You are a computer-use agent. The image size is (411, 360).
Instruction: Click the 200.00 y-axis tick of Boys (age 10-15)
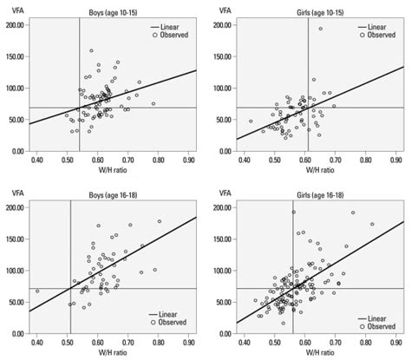click(14, 26)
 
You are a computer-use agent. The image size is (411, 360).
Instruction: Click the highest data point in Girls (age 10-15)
click(319, 29)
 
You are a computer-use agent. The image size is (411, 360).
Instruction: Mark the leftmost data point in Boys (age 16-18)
click(37, 291)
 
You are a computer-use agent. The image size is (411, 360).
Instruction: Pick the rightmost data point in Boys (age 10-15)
click(153, 104)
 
